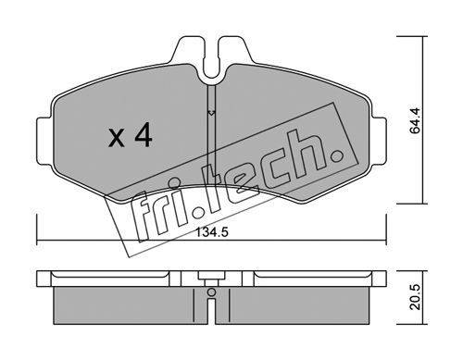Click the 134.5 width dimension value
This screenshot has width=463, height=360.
(212, 231)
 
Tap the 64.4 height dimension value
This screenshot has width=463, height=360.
(415, 120)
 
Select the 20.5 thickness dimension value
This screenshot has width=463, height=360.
(415, 297)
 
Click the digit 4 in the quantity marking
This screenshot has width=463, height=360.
(143, 134)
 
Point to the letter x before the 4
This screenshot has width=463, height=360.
(117, 138)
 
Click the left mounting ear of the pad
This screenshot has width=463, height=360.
(44, 141)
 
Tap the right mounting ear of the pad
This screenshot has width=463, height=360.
(380, 141)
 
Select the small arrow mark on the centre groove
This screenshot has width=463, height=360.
(211, 113)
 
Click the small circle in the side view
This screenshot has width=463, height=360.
(211, 292)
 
